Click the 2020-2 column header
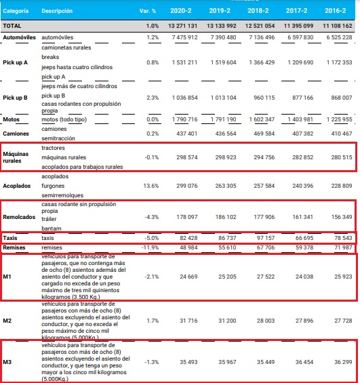[181, 11]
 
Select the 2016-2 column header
[336, 11]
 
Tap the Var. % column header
[148, 11]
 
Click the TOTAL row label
[12, 26]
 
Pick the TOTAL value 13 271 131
[182, 26]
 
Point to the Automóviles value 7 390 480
[224, 37]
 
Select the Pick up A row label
[15, 62]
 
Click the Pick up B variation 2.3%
[153, 98]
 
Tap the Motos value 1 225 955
[340, 119]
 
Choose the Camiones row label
[16, 134]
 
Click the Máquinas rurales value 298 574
[187, 157]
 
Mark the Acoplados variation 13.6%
[151, 186]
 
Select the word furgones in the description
[53, 186]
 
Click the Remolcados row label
[19, 217]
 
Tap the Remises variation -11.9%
[151, 247]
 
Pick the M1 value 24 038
[304, 277]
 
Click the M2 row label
[7, 321]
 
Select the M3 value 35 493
[188, 362]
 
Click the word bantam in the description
[52, 228]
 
